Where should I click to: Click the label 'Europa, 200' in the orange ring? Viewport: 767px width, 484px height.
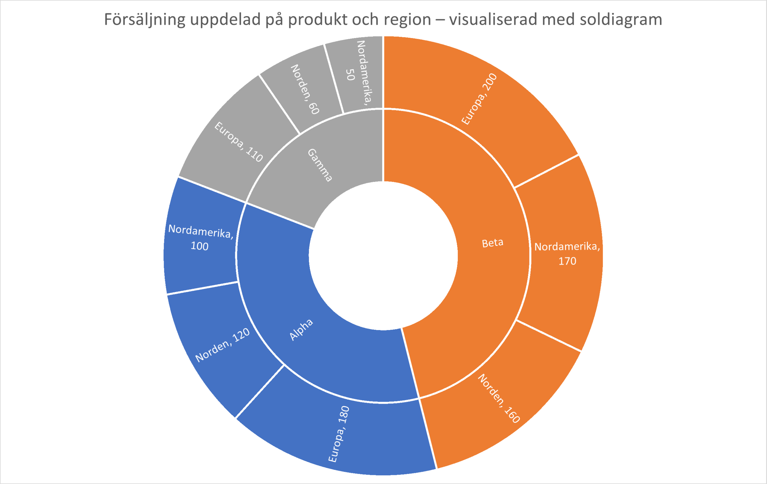[479, 99]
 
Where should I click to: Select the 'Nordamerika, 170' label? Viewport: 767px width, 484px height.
[567, 254]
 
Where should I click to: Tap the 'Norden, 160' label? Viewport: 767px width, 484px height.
[499, 398]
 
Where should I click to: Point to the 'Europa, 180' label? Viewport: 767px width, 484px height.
[339, 434]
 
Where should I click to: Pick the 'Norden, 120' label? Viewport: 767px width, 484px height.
[222, 345]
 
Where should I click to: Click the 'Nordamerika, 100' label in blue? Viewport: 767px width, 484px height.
[201, 238]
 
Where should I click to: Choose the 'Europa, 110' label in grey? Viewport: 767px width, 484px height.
[238, 141]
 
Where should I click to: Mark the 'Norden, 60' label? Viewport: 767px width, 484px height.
[305, 89]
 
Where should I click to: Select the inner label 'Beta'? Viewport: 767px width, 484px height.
[493, 243]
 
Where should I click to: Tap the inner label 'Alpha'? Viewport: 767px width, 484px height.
[301, 329]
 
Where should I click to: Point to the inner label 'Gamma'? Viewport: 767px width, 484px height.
[320, 165]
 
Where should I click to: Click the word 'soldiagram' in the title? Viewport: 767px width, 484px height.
[621, 20]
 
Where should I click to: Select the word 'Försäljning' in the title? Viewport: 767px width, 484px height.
[145, 20]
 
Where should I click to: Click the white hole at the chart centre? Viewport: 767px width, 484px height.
[383, 256]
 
